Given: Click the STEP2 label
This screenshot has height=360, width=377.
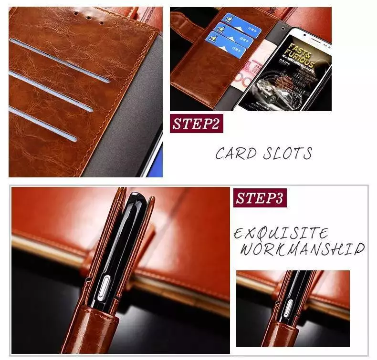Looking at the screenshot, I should click(196, 124).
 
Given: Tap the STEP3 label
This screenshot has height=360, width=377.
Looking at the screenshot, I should click(260, 198).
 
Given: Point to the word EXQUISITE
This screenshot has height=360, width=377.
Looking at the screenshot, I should click(281, 234).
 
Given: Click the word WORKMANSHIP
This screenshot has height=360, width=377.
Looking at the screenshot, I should click(302, 249).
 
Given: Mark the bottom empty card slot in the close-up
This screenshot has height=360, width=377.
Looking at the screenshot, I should click(43, 123).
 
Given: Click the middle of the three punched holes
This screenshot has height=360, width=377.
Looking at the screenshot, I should click(88, 18).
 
